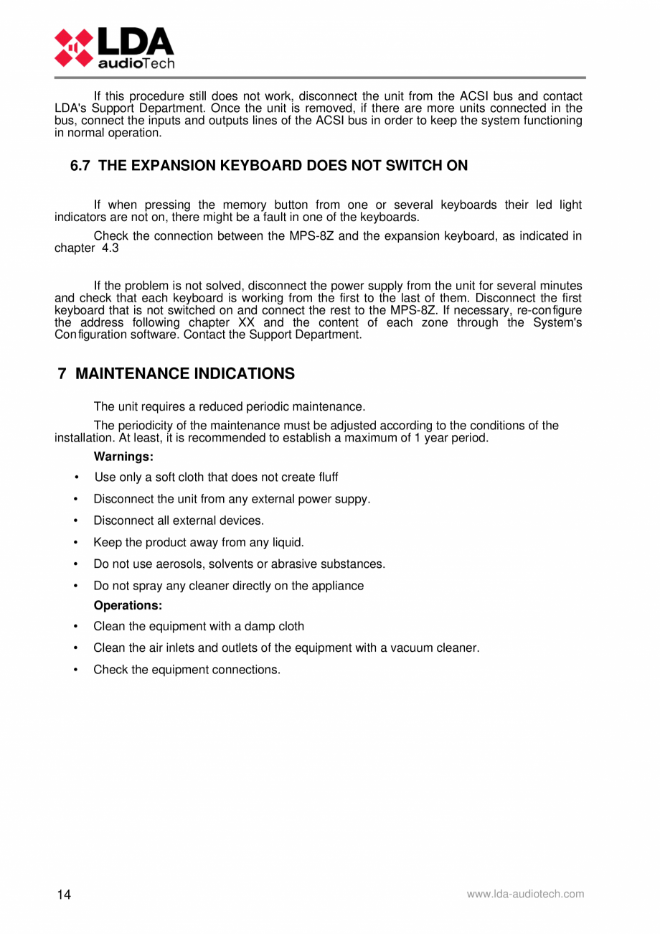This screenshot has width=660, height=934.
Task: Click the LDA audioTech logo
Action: pyautogui.click(x=115, y=47)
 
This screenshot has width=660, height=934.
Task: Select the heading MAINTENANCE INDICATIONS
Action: pyautogui.click(x=184, y=374)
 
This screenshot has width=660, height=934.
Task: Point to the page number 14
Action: pyautogui.click(x=65, y=895)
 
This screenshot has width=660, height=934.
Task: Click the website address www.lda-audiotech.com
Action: pyautogui.click(x=525, y=894)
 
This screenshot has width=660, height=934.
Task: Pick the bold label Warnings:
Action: pyautogui.click(x=123, y=457)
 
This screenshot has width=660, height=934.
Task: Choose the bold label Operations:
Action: pyautogui.click(x=128, y=605)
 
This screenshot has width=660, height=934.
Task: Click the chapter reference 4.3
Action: pyautogui.click(x=110, y=248)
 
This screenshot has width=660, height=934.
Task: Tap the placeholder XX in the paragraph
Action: pyautogui.click(x=245, y=323)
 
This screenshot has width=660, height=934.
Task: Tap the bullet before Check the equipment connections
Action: pyautogui.click(x=76, y=670)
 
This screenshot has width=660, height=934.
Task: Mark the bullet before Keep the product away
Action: pyautogui.click(x=76, y=543)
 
